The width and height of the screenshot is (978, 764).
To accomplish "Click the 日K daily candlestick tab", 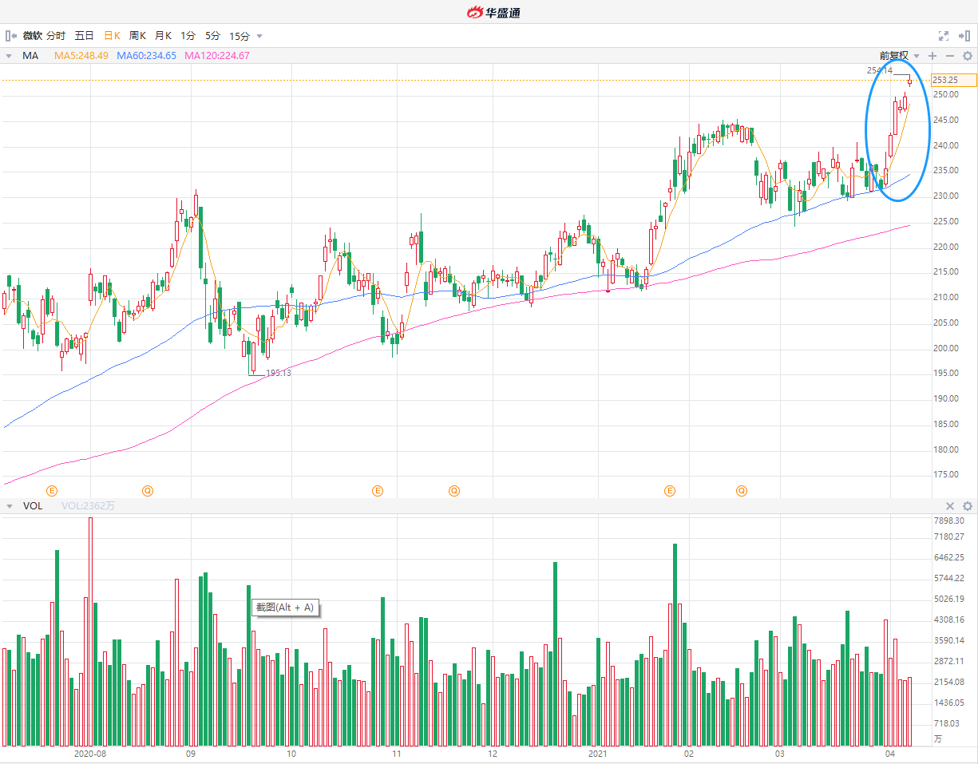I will (112, 36).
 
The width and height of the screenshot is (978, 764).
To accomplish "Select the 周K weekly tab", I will (137, 36).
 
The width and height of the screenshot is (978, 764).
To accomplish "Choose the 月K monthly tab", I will (163, 36).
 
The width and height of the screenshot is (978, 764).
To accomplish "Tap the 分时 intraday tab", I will (56, 36).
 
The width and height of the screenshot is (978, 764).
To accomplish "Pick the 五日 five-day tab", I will (84, 36).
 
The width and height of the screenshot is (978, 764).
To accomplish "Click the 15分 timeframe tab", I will (240, 36).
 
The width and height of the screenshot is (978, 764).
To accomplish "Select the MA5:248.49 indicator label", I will (82, 56).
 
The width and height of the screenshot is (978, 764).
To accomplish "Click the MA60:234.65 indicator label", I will (146, 56).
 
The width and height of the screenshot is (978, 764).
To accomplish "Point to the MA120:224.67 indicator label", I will (216, 56).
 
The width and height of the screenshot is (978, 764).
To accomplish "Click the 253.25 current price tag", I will (954, 80).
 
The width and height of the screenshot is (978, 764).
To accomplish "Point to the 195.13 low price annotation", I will (279, 373).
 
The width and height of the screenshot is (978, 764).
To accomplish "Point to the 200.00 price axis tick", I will (945, 348).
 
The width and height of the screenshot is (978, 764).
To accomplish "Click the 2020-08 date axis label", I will (89, 754).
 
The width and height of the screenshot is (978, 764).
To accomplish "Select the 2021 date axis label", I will (598, 754).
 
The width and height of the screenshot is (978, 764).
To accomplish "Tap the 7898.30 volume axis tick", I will (948, 520).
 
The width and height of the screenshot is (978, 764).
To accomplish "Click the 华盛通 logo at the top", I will (494, 12).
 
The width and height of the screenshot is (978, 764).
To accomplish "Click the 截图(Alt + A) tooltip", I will (284, 608).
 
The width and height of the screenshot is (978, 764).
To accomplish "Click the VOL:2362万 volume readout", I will (88, 506).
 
